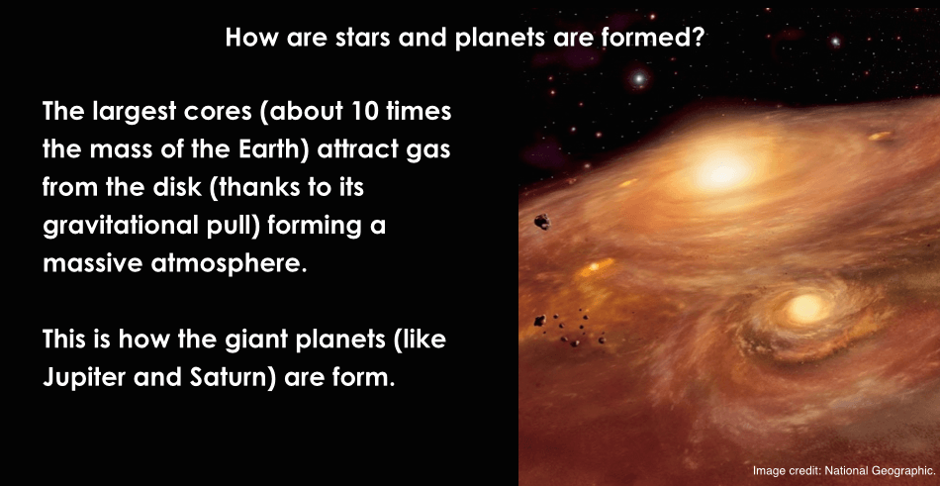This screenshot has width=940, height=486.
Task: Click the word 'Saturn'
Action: (233, 378)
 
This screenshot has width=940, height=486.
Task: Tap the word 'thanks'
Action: (255, 187)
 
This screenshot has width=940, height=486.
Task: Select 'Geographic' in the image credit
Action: (901, 471)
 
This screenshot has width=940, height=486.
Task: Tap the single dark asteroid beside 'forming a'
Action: (542, 222)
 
